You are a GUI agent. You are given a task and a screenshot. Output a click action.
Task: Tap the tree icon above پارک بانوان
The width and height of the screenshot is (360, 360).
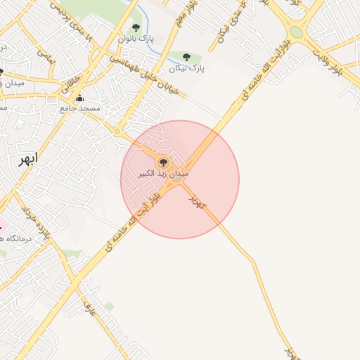click(x=136, y=27)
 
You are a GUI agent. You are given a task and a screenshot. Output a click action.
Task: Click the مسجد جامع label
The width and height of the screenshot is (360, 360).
click(x=80, y=109)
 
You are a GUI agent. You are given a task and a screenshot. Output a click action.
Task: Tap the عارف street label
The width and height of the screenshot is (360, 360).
click(x=89, y=307)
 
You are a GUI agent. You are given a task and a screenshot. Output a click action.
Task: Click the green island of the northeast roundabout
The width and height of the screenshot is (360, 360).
click(x=297, y=32)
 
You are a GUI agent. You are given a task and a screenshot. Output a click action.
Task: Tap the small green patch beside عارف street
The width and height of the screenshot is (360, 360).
click(x=109, y=307)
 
